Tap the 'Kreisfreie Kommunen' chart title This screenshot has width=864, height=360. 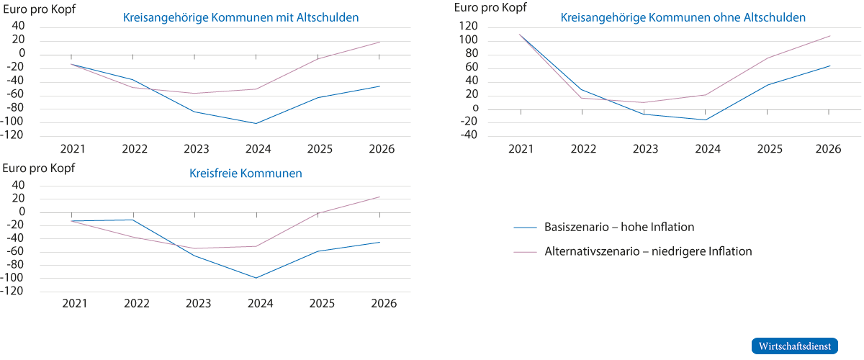(x=246, y=174)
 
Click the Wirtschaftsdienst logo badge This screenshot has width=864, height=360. (x=795, y=346)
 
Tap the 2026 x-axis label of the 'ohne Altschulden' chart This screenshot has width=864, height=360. (x=829, y=149)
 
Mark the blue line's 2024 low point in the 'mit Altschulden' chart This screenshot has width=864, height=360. (x=256, y=123)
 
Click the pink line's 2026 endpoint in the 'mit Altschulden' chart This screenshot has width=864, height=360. (x=379, y=42)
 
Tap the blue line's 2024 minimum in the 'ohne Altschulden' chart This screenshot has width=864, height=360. (x=706, y=120)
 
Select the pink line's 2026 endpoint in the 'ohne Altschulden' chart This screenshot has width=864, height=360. (x=830, y=35)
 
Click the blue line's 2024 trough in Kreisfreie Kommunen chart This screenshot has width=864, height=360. (x=256, y=278)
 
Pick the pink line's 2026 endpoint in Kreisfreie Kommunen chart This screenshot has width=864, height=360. (x=379, y=197)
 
